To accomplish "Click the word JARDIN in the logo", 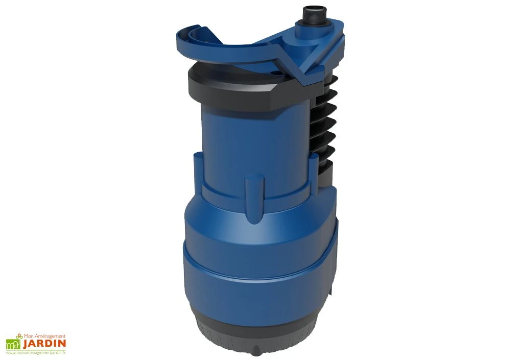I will tap(43, 344).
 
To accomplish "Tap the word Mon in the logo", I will tap(28, 335).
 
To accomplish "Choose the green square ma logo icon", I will tap(12, 344).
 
